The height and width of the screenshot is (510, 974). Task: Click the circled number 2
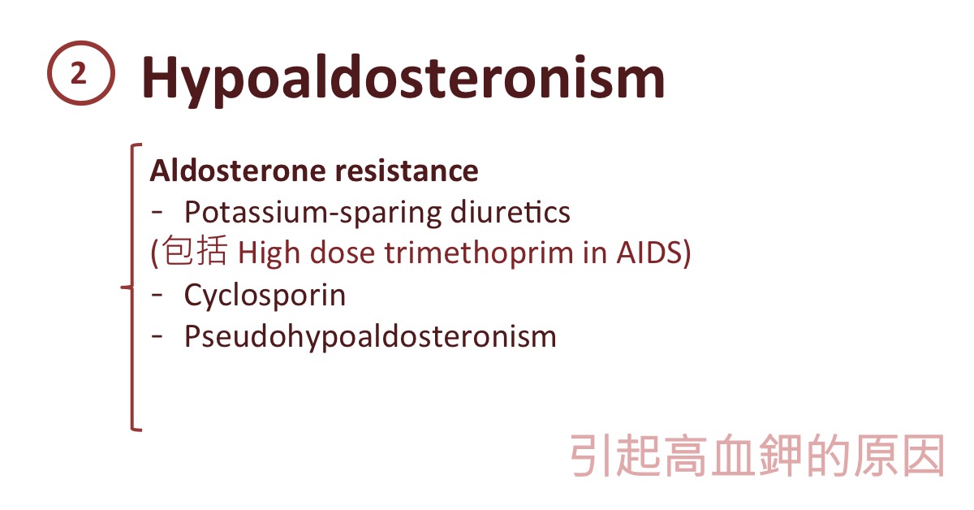81,73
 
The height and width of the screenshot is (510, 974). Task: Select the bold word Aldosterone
237,171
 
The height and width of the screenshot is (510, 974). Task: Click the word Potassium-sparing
312,213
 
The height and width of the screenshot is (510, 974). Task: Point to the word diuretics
510,212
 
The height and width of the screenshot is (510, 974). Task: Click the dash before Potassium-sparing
157,212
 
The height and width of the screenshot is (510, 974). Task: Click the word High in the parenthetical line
269,253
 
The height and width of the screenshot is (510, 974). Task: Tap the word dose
343,253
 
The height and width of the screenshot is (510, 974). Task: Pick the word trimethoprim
479,253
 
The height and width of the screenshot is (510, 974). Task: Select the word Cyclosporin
265,296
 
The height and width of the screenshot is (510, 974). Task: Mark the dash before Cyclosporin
157,295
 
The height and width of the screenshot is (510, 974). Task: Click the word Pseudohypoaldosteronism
370,337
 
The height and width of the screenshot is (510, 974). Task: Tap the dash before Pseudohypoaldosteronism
157,336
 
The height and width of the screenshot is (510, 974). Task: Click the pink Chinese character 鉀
780,456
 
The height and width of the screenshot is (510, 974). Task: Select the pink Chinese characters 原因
899,456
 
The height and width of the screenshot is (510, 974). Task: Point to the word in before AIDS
595,253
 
